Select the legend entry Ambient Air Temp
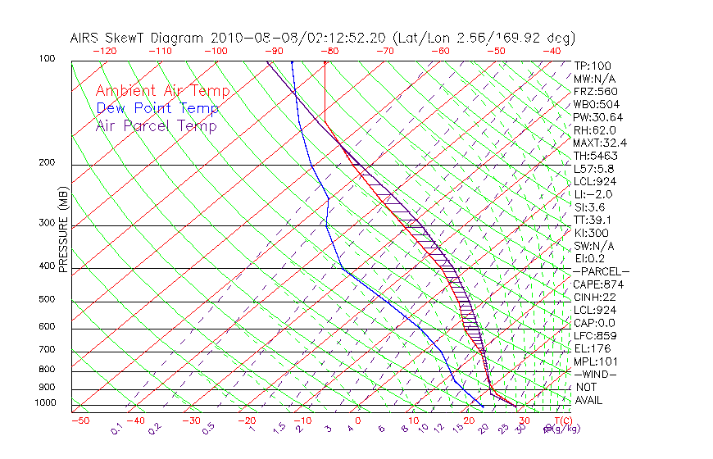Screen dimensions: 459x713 [162, 91]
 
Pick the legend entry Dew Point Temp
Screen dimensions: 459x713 [157, 108]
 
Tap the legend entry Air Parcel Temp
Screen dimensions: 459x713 [156, 125]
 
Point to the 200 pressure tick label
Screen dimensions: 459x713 [47, 162]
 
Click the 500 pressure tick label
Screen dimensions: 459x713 [47, 299]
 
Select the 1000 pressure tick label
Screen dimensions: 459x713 [44, 402]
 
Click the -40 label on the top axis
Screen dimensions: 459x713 [552, 51]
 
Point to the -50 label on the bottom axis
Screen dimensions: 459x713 [79, 420]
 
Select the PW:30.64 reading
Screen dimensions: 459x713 [598, 117]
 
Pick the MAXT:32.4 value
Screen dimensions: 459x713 [602, 143]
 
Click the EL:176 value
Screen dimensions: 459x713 [593, 348]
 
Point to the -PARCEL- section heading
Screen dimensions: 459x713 [602, 271]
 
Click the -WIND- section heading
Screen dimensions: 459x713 [596, 374]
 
